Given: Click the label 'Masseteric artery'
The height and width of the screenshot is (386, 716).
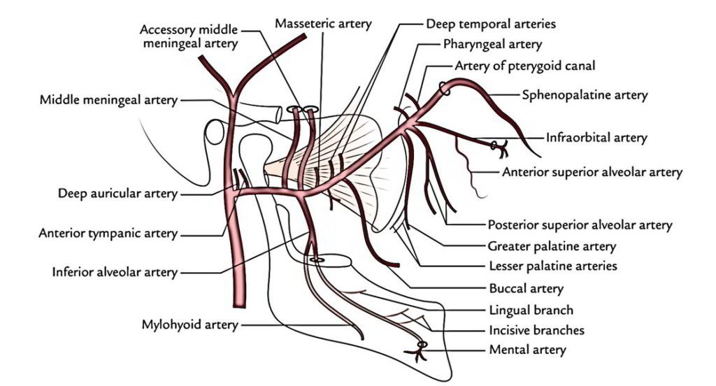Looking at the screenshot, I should [x=323, y=24].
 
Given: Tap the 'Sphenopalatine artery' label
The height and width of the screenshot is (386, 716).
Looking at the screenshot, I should [x=585, y=95].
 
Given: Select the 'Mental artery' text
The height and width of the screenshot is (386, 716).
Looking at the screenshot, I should [x=527, y=349].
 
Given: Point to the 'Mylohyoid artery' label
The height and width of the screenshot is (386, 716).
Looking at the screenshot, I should [x=189, y=324].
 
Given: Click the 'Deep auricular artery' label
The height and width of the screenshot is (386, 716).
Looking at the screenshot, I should [x=117, y=194].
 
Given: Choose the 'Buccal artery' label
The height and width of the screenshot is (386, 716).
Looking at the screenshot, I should [x=526, y=288].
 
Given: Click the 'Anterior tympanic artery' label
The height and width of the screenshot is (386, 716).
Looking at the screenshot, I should [x=108, y=233].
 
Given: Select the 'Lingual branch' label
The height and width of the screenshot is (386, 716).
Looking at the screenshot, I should [x=531, y=309].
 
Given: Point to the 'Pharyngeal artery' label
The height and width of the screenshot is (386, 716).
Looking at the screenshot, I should [x=492, y=45].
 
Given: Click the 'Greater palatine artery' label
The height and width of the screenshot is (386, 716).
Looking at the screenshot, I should [x=552, y=246].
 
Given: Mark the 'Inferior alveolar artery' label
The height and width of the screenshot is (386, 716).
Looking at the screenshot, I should [x=115, y=272].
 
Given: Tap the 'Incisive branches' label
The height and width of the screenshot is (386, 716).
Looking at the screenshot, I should [x=536, y=329].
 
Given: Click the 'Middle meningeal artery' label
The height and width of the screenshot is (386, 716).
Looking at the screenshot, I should [x=108, y=101].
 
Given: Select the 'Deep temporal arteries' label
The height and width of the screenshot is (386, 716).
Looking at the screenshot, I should [x=491, y=24].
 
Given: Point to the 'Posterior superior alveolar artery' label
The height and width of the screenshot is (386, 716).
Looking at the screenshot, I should [x=579, y=225].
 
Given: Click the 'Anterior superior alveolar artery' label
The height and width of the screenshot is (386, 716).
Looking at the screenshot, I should [x=592, y=172].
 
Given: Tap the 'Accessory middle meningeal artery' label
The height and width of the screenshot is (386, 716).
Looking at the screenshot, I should [x=189, y=36].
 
